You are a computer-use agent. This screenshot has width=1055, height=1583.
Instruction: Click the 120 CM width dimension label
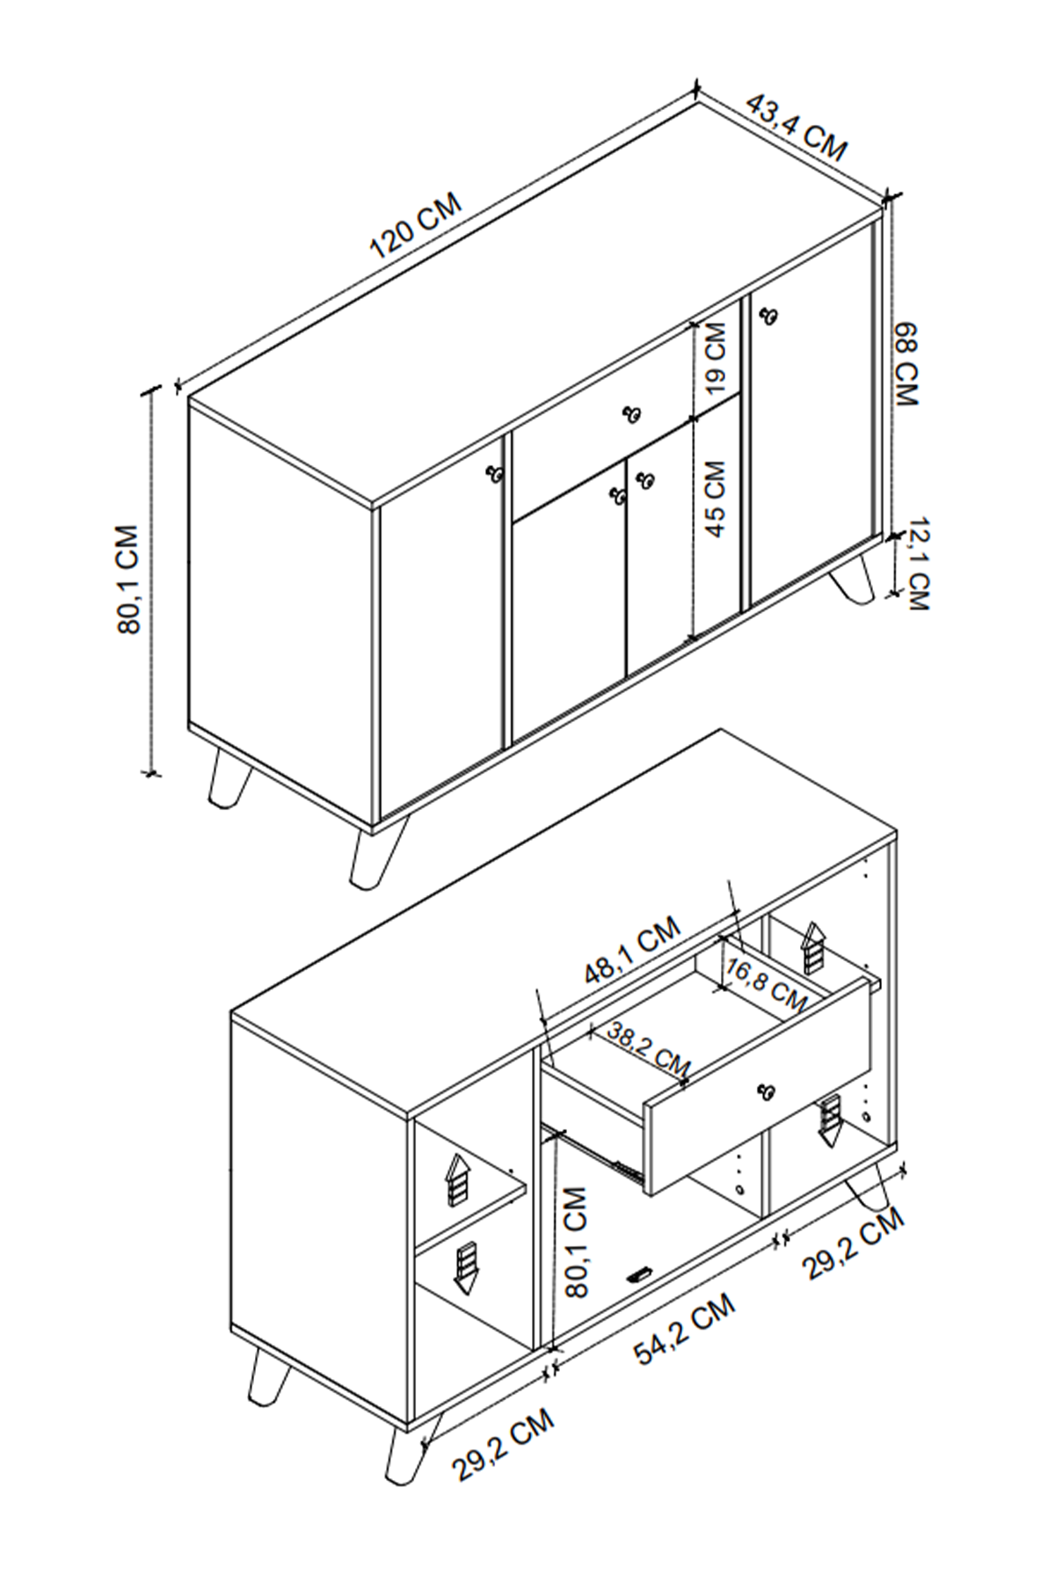[415, 226]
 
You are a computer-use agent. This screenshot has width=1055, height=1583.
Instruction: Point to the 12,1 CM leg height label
[918, 565]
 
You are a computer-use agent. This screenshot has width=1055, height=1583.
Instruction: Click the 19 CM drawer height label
[716, 356]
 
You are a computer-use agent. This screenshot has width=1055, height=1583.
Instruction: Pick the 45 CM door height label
[716, 499]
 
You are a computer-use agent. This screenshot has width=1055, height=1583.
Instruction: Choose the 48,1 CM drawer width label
[633, 950]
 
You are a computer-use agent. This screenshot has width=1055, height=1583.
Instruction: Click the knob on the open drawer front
[767, 1091]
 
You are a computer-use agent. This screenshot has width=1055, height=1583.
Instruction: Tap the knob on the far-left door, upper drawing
[495, 473]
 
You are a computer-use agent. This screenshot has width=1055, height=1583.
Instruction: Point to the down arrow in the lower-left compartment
[464, 1267]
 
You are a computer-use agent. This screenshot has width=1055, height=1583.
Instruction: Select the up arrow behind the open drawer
[813, 946]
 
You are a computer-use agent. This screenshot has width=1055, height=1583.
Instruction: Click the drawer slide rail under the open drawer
[598, 1152]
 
